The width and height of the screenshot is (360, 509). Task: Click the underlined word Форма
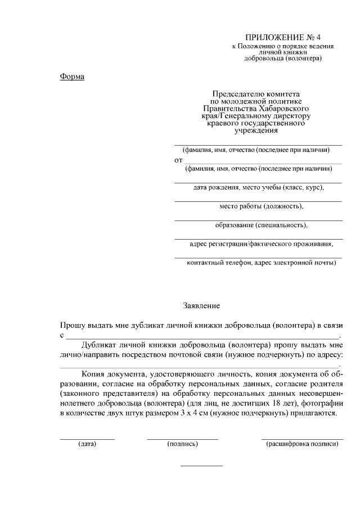72,76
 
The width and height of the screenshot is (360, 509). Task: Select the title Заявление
201,306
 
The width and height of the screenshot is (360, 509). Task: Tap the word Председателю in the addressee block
235,93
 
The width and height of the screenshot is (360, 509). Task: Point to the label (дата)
87,444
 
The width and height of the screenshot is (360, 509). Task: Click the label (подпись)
182,444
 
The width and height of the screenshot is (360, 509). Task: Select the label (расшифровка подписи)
302,444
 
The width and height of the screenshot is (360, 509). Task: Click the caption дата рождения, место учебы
259,187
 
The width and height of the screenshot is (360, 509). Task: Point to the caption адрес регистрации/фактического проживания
262,244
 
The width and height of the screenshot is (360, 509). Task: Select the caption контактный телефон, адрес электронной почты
262,263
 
